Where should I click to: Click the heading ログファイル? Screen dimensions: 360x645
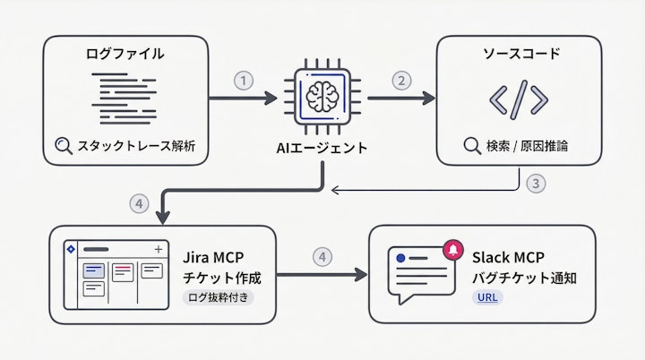coord(125,54)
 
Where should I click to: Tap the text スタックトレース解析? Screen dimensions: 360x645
coord(136,145)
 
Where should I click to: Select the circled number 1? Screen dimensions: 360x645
coord(244,80)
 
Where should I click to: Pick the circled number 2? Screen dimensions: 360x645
coord(401,80)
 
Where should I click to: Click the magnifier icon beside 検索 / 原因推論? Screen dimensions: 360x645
coord(472,145)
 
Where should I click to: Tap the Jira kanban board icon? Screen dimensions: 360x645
coord(115,274)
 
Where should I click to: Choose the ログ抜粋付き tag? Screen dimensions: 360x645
coord(218,297)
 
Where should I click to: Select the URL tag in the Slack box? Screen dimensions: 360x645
coord(485,297)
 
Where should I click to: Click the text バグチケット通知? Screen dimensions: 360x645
coord(524,277)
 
